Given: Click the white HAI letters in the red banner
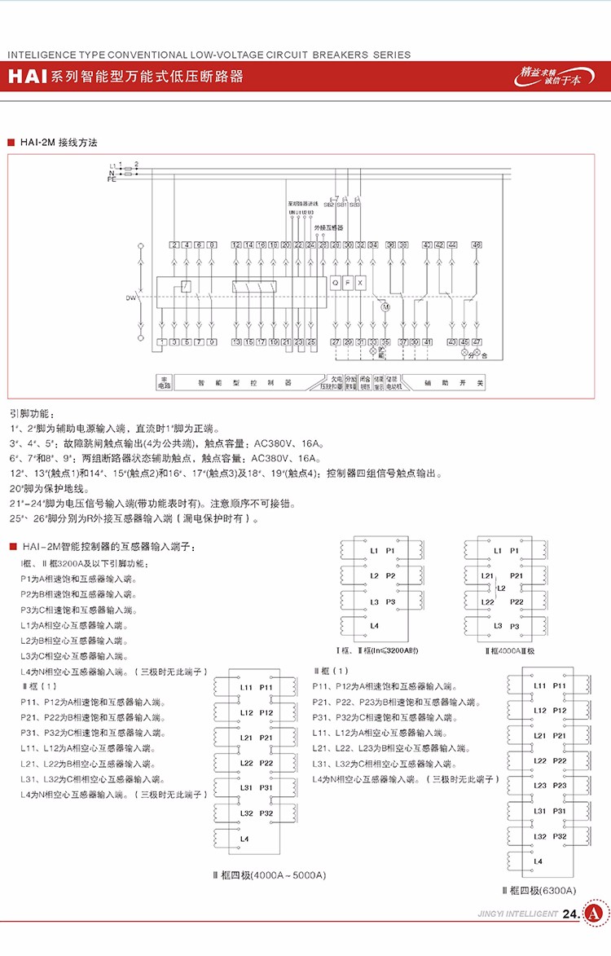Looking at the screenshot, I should pyautogui.click(x=27, y=77).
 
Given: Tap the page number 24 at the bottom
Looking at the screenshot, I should pyautogui.click(x=570, y=914).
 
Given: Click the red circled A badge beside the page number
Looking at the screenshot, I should pyautogui.click(x=596, y=914).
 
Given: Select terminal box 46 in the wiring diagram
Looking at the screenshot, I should pyautogui.click(x=477, y=245).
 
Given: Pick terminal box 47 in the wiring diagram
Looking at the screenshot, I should pyautogui.click(x=477, y=341).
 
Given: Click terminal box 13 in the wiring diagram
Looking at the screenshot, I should pyautogui.click(x=236, y=341).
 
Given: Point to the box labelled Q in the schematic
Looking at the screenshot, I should pyautogui.click(x=335, y=282).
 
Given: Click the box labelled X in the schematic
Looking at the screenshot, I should pyautogui.click(x=360, y=282).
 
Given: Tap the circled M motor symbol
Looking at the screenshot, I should pyautogui.click(x=386, y=307).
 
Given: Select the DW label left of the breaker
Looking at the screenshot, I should pyautogui.click(x=130, y=298).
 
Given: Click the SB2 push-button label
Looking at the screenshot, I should pyautogui.click(x=329, y=204).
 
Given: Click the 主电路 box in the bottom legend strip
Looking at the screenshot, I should pyautogui.click(x=164, y=382).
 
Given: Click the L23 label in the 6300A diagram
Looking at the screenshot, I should pyautogui.click(x=539, y=786).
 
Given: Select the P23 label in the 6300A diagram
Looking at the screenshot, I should pyautogui.click(x=560, y=786).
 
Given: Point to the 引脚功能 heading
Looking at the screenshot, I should pyautogui.click(x=33, y=413).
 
